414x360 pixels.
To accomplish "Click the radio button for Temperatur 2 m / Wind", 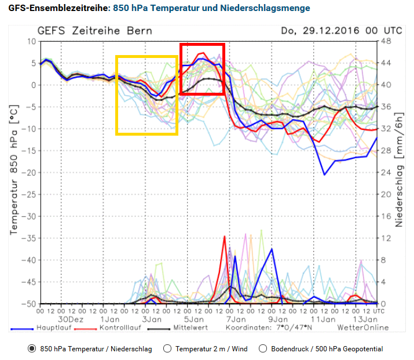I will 167,349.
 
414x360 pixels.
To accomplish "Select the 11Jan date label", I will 320,319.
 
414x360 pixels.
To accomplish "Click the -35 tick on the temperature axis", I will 27,238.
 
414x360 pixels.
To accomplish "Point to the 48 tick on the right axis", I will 386,42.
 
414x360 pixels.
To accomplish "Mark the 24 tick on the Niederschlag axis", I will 386,173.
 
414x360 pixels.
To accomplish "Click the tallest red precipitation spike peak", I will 224,237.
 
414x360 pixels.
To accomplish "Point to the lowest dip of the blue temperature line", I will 324,174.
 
